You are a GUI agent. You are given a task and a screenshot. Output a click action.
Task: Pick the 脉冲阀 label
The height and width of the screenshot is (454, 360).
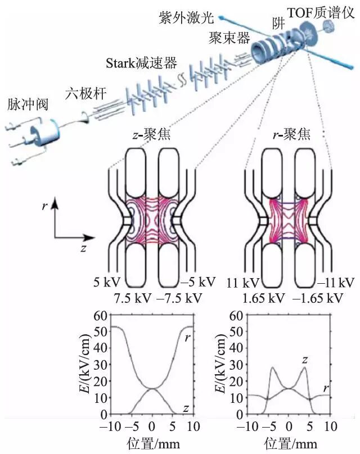point(24,105)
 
